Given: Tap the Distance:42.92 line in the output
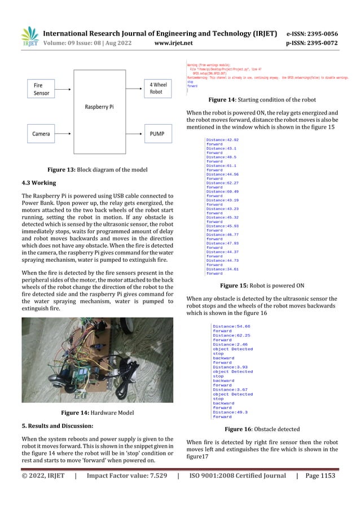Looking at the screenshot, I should [x=222, y=139].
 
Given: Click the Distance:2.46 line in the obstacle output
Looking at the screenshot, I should [x=230, y=344].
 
